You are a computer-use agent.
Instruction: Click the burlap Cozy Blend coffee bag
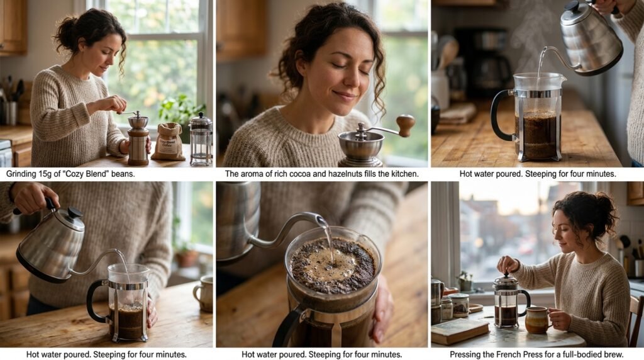[x=169, y=142]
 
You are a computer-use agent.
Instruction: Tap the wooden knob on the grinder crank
[x=406, y=125]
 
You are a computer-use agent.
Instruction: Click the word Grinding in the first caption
[x=21, y=174]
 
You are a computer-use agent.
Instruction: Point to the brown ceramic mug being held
[x=537, y=320]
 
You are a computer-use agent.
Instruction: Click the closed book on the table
[x=460, y=330]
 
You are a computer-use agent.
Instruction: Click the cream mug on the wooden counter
[x=204, y=293]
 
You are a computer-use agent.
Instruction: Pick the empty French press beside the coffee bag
[x=201, y=139]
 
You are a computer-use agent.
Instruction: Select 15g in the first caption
[x=46, y=174]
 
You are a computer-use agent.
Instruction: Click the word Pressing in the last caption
[x=465, y=354]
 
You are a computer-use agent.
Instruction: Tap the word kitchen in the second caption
[x=403, y=174]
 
